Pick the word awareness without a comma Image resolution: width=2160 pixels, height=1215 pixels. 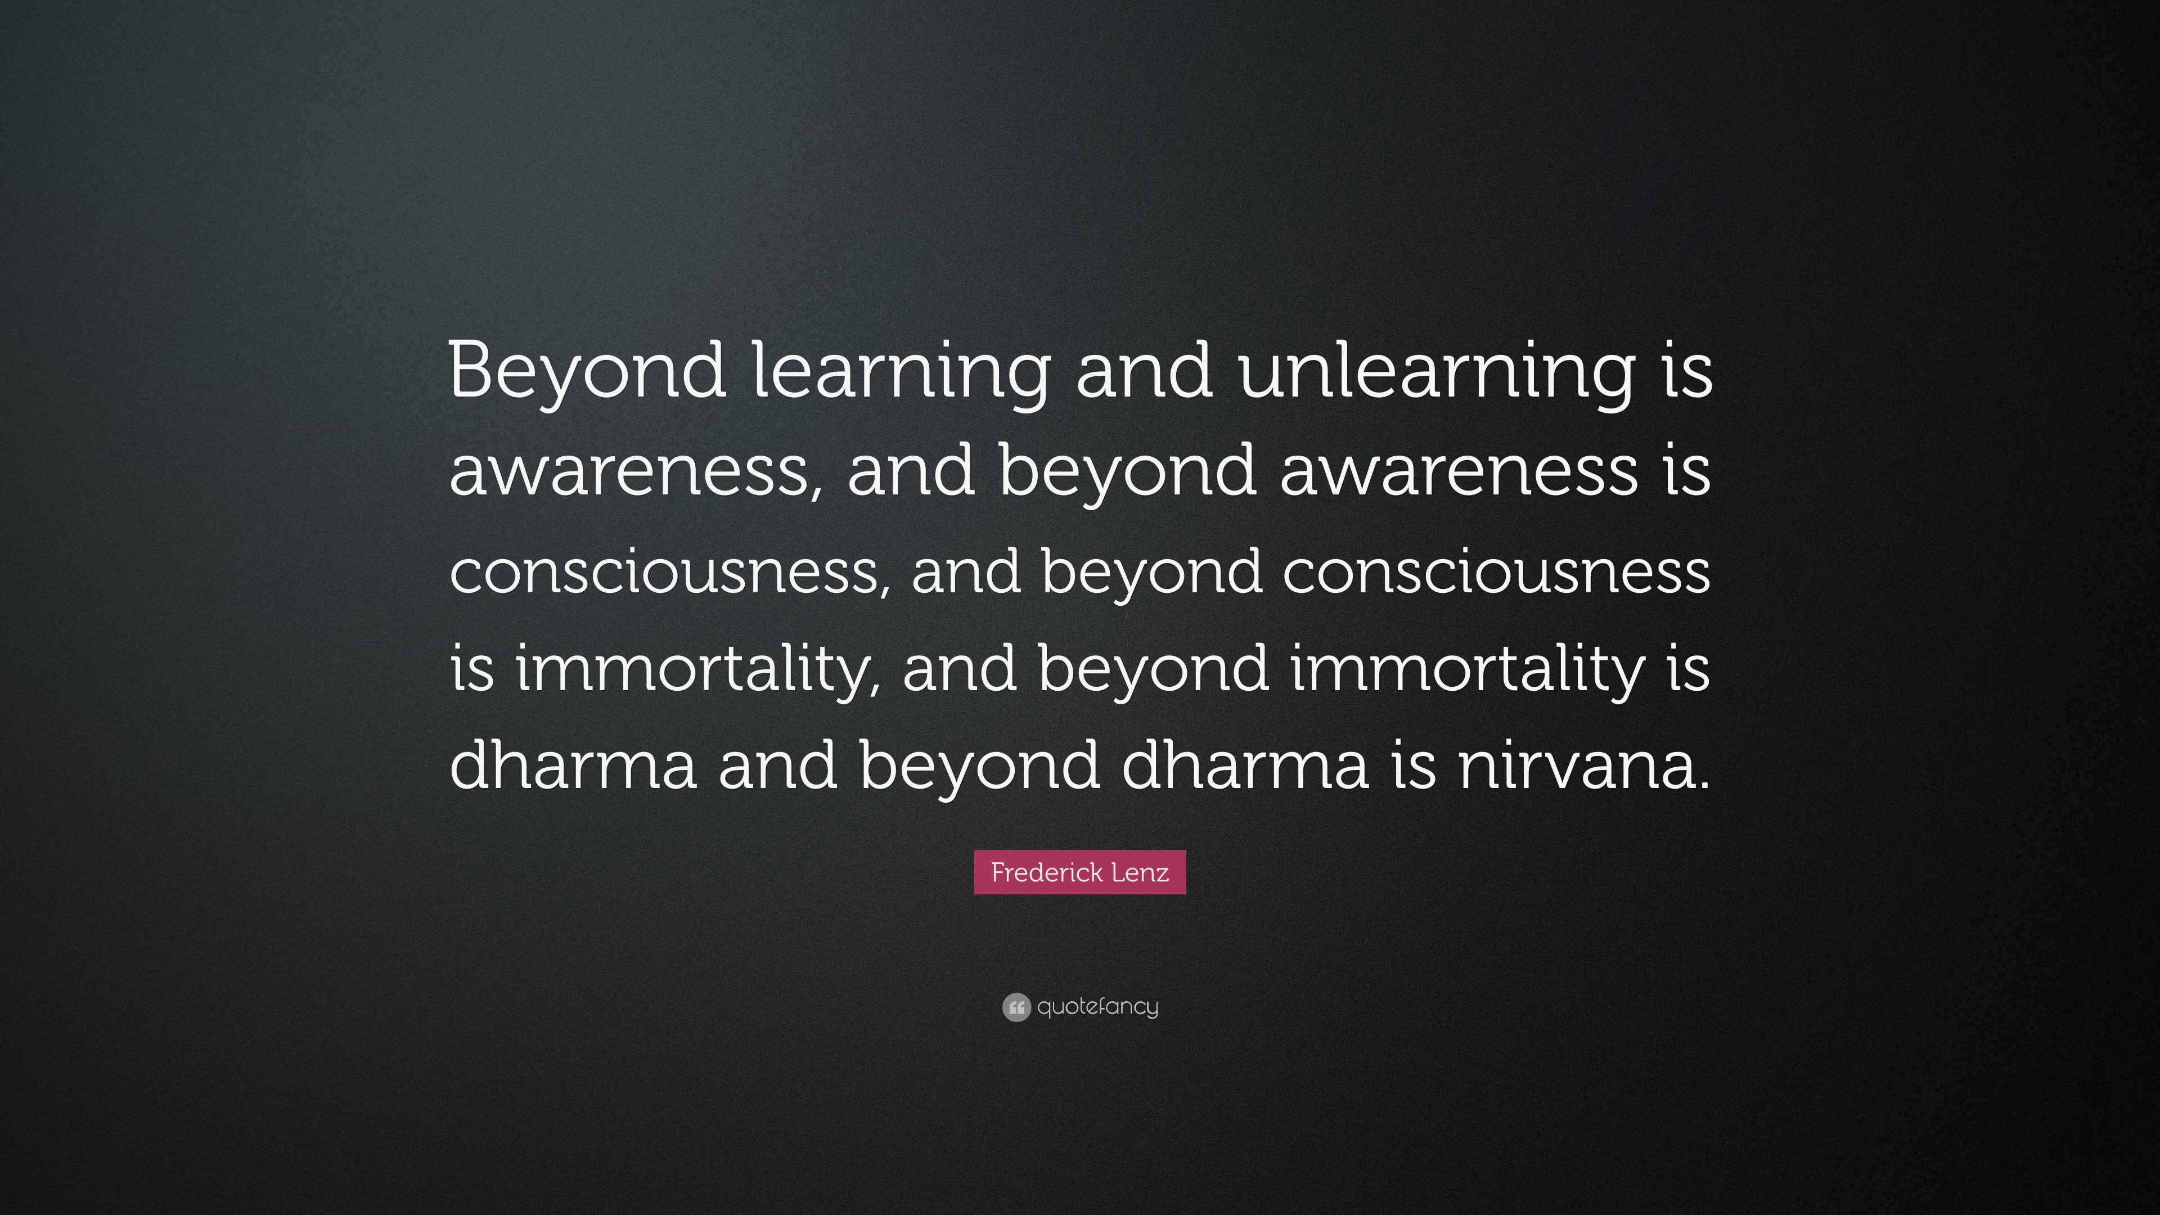click(x=1458, y=471)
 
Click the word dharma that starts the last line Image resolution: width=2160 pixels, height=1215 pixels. click(x=573, y=766)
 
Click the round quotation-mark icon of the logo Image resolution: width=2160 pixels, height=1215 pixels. click(x=1015, y=1007)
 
